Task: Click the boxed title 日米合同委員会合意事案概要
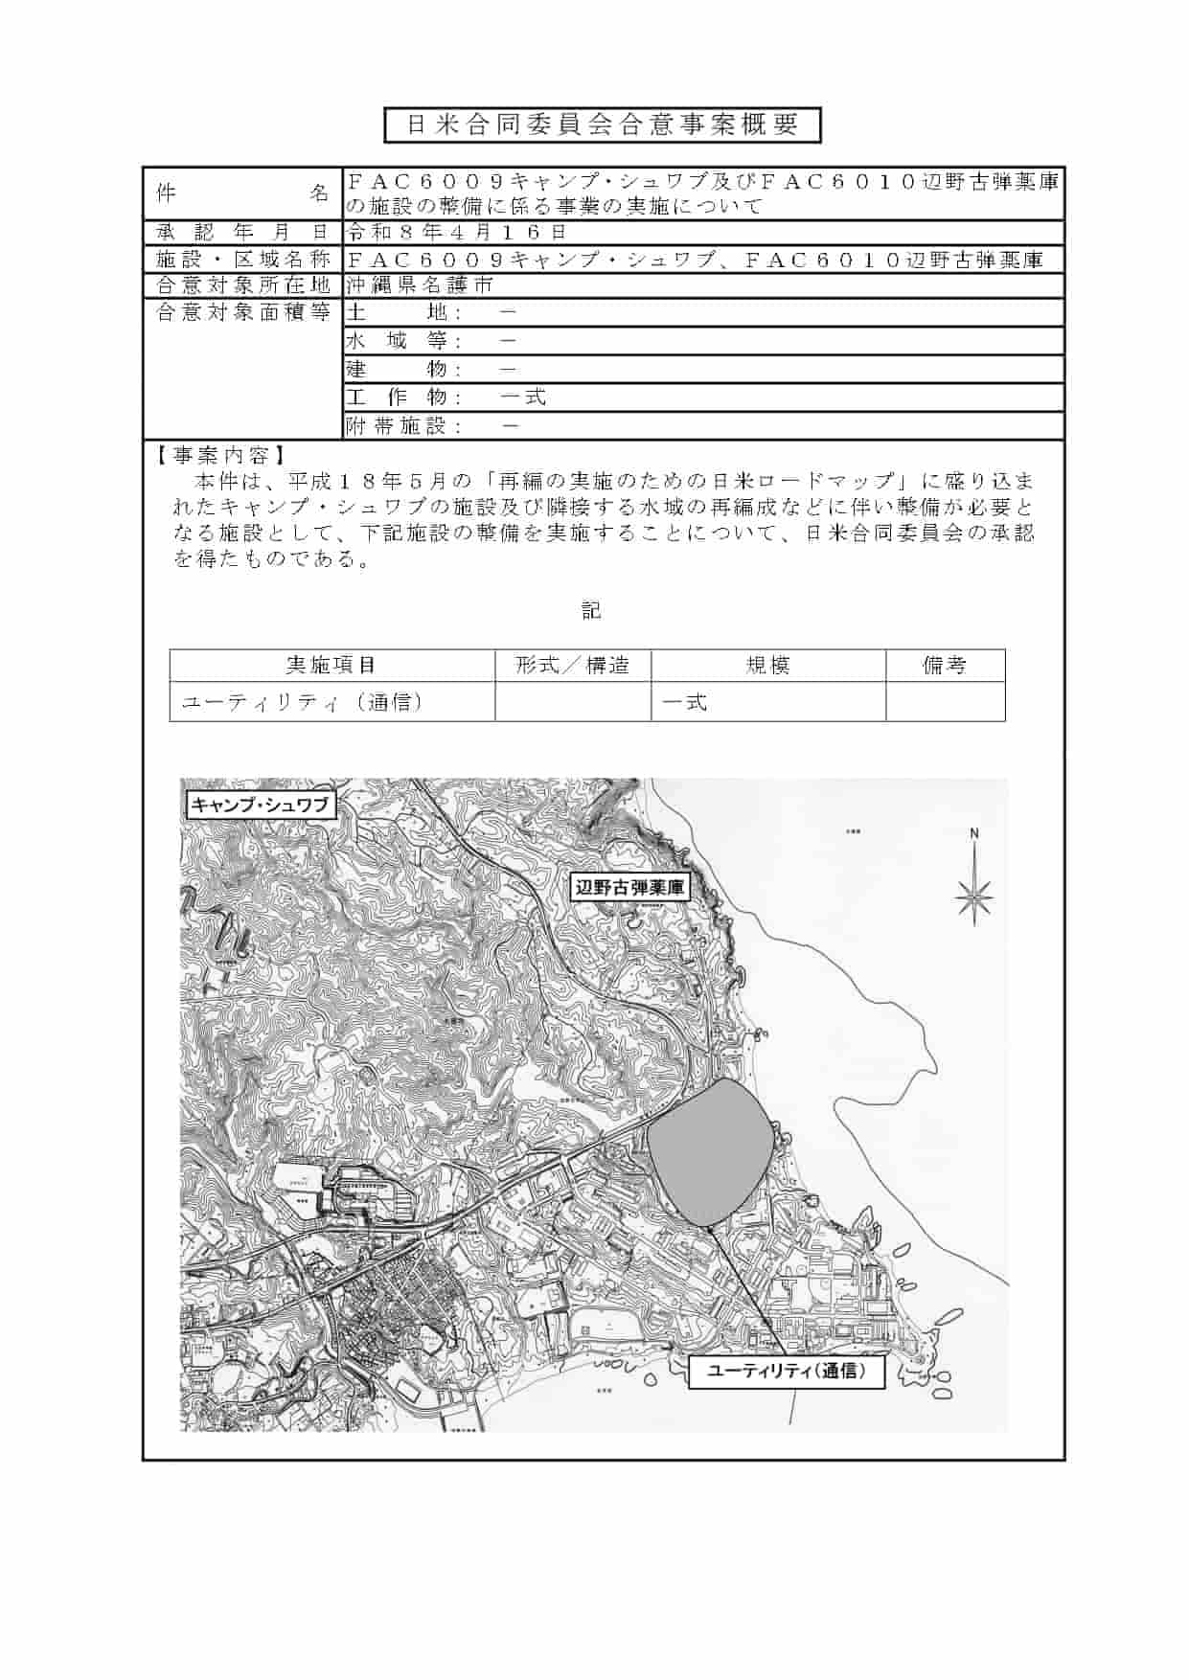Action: [603, 125]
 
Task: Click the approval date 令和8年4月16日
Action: [457, 232]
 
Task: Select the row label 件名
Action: [242, 193]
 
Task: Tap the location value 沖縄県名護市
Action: [421, 284]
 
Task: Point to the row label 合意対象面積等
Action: [242, 312]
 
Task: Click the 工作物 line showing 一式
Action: [446, 397]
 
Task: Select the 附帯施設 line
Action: [433, 426]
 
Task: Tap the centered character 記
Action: [591, 610]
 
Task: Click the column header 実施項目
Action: [332, 666]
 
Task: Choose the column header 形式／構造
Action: [573, 666]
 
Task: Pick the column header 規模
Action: [767, 666]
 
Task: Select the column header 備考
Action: [945, 666]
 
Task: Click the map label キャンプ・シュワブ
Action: [260, 805]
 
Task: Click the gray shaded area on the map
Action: [709, 1149]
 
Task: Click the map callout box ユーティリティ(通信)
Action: [786, 1372]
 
